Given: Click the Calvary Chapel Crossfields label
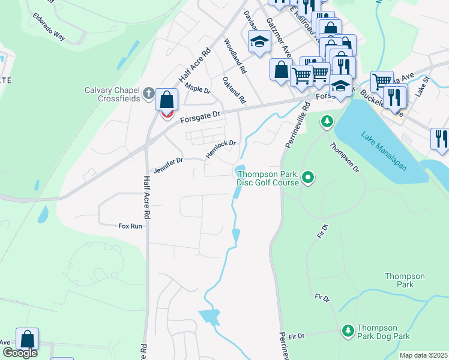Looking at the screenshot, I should [112, 95].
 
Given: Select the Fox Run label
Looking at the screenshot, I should [130, 226].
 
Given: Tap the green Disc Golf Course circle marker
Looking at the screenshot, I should [308, 177].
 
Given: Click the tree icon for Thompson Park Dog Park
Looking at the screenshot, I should [348, 331].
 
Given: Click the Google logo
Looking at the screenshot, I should [20, 353].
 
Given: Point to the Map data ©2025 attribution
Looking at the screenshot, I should [423, 355].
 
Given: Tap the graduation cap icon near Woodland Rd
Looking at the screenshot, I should [259, 41].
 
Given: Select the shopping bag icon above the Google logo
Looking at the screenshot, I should [27, 340].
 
